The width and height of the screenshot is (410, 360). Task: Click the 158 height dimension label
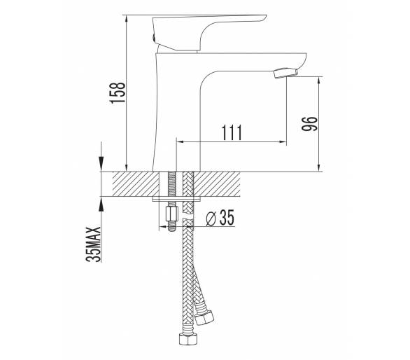[118, 92]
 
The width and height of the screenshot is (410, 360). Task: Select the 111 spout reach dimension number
[232, 133]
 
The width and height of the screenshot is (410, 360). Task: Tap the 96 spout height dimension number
[309, 123]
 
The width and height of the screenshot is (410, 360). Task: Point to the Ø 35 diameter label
[220, 218]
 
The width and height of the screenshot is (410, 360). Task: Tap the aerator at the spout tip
[285, 73]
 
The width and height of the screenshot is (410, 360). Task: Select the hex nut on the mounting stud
[172, 214]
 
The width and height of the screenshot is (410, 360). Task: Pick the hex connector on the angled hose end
[204, 315]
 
